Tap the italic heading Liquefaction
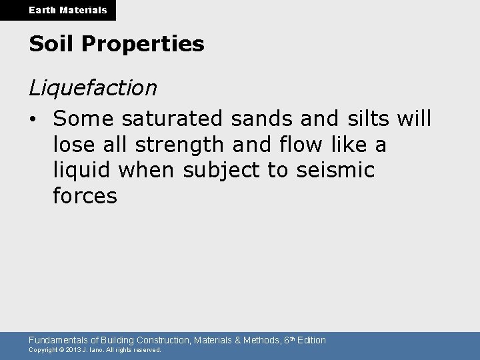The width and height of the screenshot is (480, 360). [x=93, y=87]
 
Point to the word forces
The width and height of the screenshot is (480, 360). [x=85, y=196]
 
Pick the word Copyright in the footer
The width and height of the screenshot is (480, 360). [x=43, y=350]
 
